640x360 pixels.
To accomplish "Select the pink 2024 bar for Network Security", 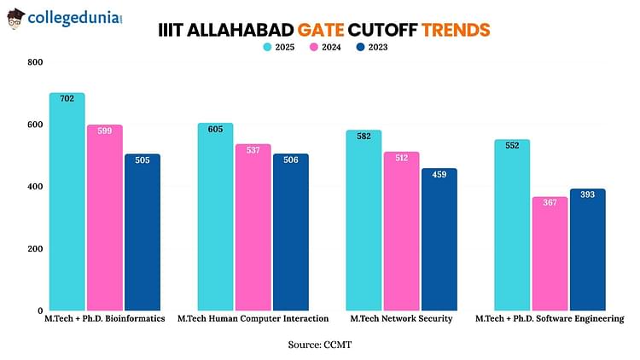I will pyautogui.click(x=401, y=230).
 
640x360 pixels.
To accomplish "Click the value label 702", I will pyautogui.click(x=67, y=99).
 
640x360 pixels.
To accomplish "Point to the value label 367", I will pyautogui.click(x=550, y=203).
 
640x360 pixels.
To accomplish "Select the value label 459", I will pyautogui.click(x=439, y=175).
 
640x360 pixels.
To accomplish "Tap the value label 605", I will pyautogui.click(x=215, y=129).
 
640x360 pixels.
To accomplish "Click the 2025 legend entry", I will pyautogui.click(x=279, y=47).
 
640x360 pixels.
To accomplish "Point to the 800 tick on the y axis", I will pyautogui.click(x=34, y=62).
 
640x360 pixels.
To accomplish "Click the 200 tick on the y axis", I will pyautogui.click(x=34, y=248).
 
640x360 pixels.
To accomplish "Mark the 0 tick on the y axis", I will pyautogui.click(x=39, y=311).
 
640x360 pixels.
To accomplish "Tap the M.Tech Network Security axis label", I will pyautogui.click(x=401, y=318).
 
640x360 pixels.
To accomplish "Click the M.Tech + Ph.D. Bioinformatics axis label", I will pyautogui.click(x=104, y=318).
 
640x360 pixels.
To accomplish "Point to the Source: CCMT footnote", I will pyautogui.click(x=320, y=344).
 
